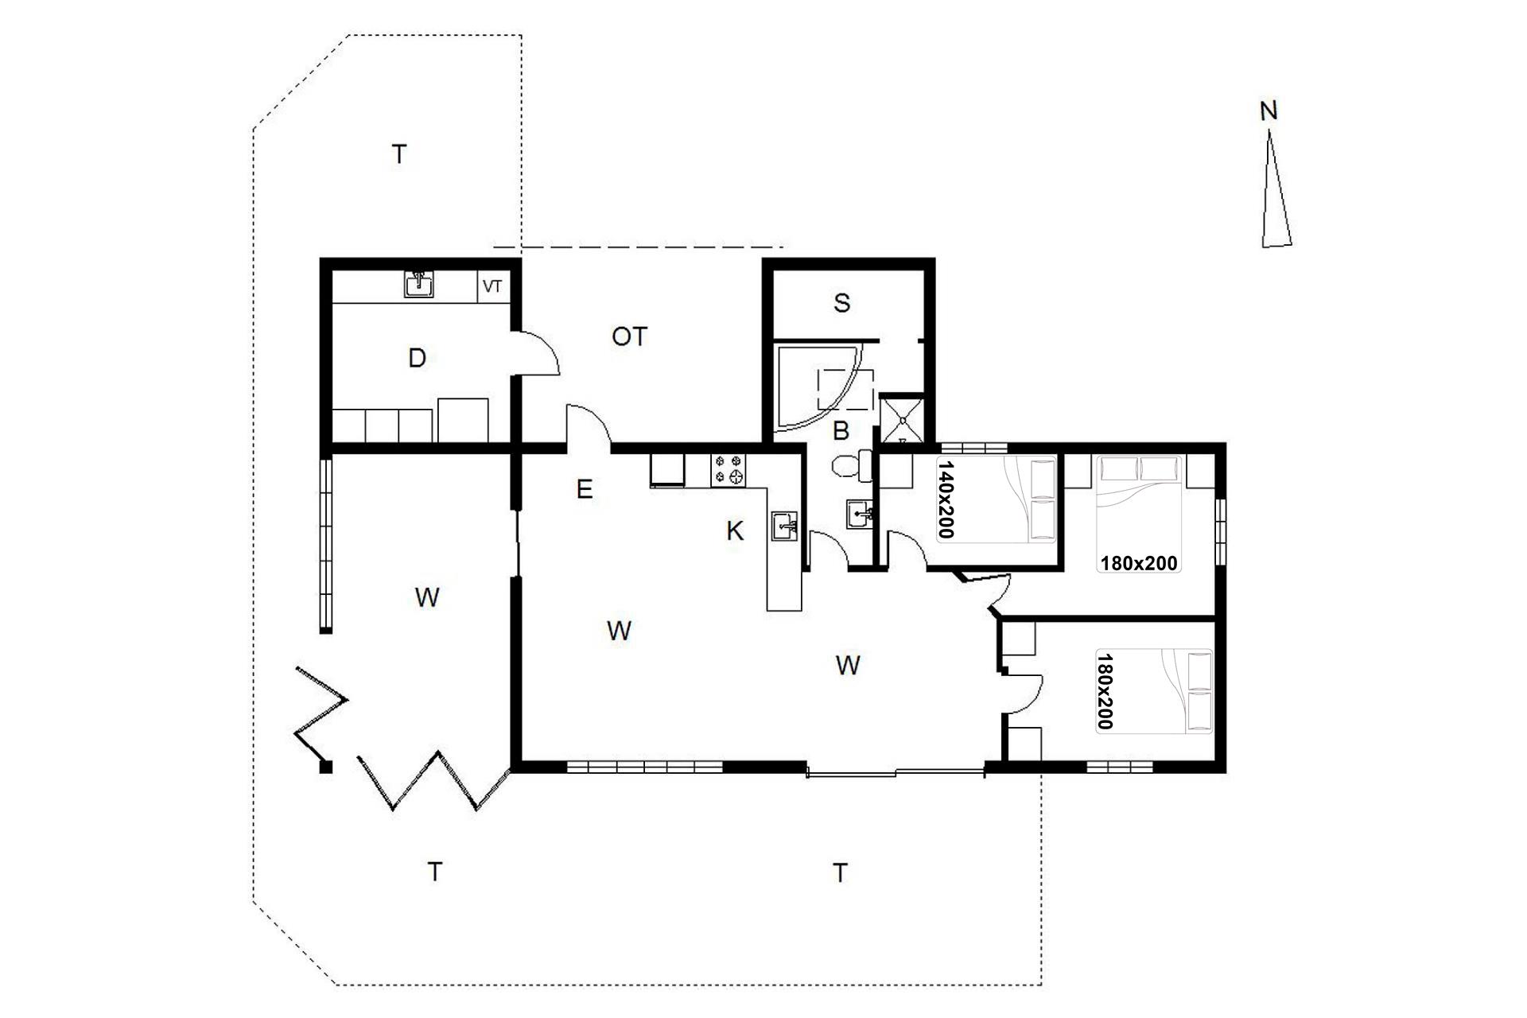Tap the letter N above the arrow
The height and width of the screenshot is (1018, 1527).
point(1269,111)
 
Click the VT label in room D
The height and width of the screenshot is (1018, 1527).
point(492,286)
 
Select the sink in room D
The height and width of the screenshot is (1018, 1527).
point(418,285)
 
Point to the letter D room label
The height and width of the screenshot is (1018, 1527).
point(417,359)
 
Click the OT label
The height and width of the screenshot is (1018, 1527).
point(629,337)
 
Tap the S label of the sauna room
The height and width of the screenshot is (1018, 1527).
point(841,303)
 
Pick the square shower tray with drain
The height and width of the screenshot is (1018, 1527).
point(902,418)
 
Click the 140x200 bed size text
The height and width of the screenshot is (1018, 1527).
point(946,499)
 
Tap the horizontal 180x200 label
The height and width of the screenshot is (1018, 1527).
point(1139,563)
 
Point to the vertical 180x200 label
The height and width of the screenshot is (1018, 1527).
point(1104,691)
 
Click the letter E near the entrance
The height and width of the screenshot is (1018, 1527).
point(585,489)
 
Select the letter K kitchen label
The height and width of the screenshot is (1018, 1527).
point(735,531)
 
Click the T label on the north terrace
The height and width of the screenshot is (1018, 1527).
point(399,154)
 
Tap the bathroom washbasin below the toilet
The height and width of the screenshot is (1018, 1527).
point(860,513)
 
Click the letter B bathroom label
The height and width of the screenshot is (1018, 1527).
point(841,431)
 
